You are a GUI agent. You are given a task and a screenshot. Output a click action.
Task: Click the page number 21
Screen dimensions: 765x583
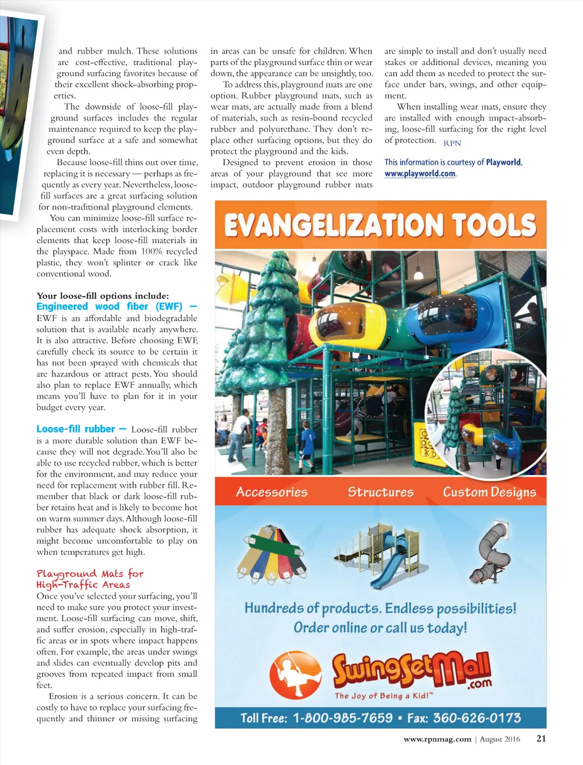tap(541, 738)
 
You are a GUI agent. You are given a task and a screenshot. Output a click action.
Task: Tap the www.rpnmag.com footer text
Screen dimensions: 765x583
tap(437, 739)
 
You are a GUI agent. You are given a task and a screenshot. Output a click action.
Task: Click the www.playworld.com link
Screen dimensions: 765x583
tap(420, 174)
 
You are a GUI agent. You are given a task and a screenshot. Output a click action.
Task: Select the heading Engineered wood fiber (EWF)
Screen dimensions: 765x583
tap(109, 306)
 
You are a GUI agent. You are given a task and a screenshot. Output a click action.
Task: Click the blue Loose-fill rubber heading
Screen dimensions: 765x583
tap(76, 429)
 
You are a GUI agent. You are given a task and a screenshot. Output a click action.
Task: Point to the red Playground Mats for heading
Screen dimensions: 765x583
tap(90, 574)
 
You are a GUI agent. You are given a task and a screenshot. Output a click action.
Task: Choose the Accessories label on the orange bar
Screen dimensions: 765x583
tap(272, 492)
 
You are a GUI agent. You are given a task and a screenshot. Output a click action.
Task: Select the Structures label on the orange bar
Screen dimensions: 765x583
tap(380, 492)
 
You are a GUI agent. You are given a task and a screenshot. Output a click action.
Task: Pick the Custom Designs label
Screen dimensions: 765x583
tap(489, 492)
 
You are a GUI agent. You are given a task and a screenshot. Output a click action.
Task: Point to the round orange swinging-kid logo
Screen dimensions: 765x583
tap(294, 675)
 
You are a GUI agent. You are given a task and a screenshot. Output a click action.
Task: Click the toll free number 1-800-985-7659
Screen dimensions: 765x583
tap(343, 718)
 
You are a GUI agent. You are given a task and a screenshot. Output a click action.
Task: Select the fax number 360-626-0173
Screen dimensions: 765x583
tap(477, 718)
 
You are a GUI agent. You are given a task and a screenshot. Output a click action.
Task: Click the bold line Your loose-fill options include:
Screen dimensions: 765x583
tap(102, 295)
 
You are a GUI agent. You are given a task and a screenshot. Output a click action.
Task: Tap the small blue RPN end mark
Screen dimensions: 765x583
tap(452, 143)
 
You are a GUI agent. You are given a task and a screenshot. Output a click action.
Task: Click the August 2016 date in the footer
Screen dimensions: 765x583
tap(500, 739)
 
